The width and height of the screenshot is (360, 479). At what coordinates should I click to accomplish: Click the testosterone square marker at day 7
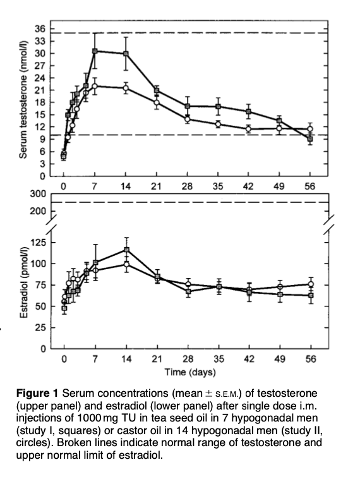[x=95, y=51]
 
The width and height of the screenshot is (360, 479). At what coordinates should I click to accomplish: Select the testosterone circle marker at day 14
[x=126, y=88]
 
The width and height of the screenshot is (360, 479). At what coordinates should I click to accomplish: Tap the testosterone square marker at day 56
[x=310, y=139]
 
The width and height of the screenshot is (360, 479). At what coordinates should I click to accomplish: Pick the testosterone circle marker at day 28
[x=187, y=119]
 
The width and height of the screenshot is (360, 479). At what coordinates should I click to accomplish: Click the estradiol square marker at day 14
[x=126, y=250]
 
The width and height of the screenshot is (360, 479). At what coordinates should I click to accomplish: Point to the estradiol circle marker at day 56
[x=311, y=284]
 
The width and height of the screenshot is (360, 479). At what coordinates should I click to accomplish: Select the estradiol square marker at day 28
[x=188, y=291]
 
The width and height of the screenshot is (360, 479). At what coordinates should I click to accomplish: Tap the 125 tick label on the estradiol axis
[x=38, y=243]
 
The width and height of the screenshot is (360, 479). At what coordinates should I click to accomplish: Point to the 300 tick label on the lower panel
[x=38, y=193]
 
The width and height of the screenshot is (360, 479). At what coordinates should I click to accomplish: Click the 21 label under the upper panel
[x=156, y=186]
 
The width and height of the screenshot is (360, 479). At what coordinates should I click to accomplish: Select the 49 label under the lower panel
[x=280, y=359]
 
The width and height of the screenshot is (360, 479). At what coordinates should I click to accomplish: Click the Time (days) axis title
[x=190, y=372]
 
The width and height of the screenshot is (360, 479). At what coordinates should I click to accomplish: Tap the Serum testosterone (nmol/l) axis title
[x=23, y=99]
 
